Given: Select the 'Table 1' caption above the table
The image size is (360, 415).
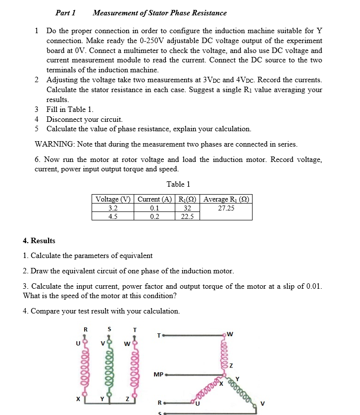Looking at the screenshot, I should [x=178, y=184].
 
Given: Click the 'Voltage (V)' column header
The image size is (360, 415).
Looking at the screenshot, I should [x=113, y=200].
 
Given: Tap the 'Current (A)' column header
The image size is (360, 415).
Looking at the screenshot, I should [x=154, y=200].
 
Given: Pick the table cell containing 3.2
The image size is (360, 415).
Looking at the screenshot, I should [x=113, y=208].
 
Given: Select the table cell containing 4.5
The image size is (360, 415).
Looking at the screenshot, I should [x=113, y=216].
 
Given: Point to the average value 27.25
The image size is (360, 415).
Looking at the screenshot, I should [x=226, y=208].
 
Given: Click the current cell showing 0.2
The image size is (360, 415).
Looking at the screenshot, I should [x=154, y=216].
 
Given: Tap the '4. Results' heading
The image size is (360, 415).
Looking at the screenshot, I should [x=39, y=241].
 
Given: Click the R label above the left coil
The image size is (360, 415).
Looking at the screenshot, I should [x=85, y=329].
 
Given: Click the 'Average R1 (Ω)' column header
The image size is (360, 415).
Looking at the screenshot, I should [x=226, y=200].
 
